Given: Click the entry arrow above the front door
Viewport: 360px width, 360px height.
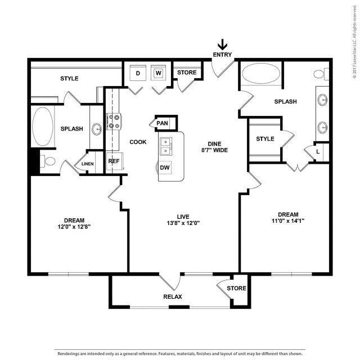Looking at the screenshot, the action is click(x=222, y=44).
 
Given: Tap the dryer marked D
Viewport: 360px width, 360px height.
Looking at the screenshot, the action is click(x=138, y=73).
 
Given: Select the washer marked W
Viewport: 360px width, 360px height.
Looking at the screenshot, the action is click(x=159, y=73).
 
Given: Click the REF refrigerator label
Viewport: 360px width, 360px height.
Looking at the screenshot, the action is click(x=114, y=161).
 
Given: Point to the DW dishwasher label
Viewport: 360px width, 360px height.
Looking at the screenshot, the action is click(x=165, y=168).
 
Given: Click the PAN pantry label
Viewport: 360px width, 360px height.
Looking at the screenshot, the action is click(x=162, y=123).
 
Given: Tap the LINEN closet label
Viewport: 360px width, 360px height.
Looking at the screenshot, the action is click(x=88, y=164).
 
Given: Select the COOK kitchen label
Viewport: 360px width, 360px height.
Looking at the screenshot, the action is click(x=138, y=142).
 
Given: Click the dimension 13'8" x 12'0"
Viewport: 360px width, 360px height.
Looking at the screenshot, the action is click(x=183, y=223).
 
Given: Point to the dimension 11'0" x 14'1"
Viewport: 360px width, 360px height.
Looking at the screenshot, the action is click(x=288, y=221).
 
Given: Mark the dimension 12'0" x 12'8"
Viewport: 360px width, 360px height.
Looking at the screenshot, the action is click(x=74, y=227).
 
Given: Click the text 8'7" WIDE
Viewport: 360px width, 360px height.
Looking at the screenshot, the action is click(x=215, y=150).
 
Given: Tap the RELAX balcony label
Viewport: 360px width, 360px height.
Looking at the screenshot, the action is click(x=173, y=296).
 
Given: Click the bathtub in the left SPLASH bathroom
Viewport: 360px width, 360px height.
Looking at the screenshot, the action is click(x=43, y=127).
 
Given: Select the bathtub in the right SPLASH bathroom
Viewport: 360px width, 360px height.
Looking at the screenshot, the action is click(x=261, y=74).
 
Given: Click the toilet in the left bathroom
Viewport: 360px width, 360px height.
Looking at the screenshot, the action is click(x=48, y=161).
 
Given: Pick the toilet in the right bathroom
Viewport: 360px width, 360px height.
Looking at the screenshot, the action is click(x=321, y=74).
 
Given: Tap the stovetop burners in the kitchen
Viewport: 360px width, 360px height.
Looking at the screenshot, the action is click(x=114, y=121).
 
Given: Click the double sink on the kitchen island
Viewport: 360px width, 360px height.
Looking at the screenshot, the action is click(x=166, y=147).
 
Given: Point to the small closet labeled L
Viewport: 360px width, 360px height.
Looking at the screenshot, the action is click(x=318, y=152).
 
